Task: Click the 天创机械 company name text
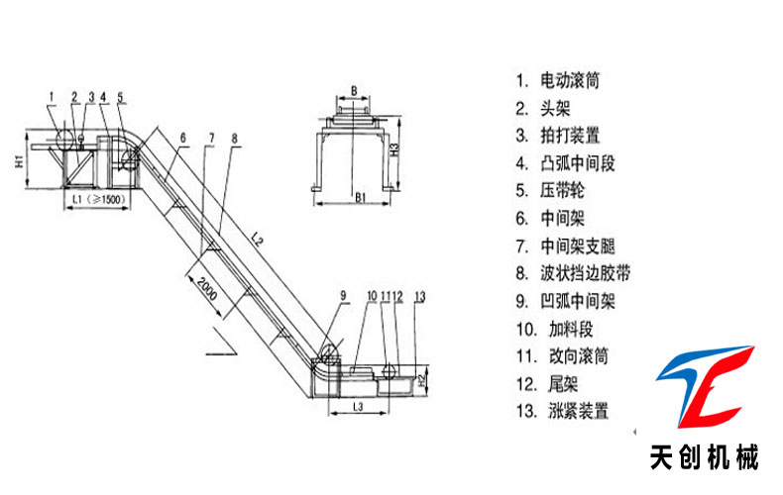pyautogui.click(x=705, y=458)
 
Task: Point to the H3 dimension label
pyautogui.click(x=394, y=150)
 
